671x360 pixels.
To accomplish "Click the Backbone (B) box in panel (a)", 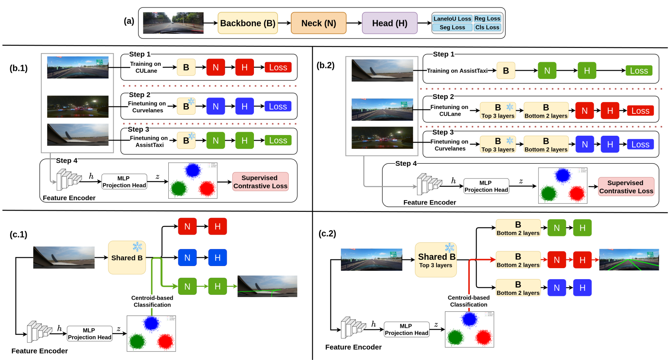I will click(248, 23).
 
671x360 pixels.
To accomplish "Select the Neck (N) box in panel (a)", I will click(318, 23).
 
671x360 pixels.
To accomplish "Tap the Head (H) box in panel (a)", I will click(390, 23).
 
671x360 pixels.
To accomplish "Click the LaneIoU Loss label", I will click(452, 19).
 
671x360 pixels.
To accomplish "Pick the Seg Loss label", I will click(452, 27).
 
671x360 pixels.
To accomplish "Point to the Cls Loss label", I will click(487, 27).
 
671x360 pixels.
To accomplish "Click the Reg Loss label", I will click(487, 19).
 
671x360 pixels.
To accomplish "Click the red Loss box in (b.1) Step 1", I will click(278, 67).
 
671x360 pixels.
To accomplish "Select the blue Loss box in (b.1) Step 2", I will click(278, 106).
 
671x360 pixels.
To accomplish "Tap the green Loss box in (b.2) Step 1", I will click(639, 71).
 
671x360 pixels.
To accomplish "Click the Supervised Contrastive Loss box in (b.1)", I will click(260, 182).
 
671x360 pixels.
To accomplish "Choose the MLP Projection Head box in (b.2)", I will click(486, 186).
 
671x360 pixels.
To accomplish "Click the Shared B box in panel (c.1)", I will click(127, 258).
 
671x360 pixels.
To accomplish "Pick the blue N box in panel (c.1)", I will click(187, 258).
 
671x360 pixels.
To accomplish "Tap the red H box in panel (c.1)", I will click(217, 226).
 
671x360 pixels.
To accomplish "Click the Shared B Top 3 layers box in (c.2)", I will click(436, 260).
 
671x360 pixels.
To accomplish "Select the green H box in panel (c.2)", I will click(582, 228).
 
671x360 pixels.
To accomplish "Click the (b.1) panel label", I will click(19, 68).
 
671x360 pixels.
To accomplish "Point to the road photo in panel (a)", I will click(173, 23).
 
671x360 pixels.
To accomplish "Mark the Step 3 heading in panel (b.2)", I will click(443, 132).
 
